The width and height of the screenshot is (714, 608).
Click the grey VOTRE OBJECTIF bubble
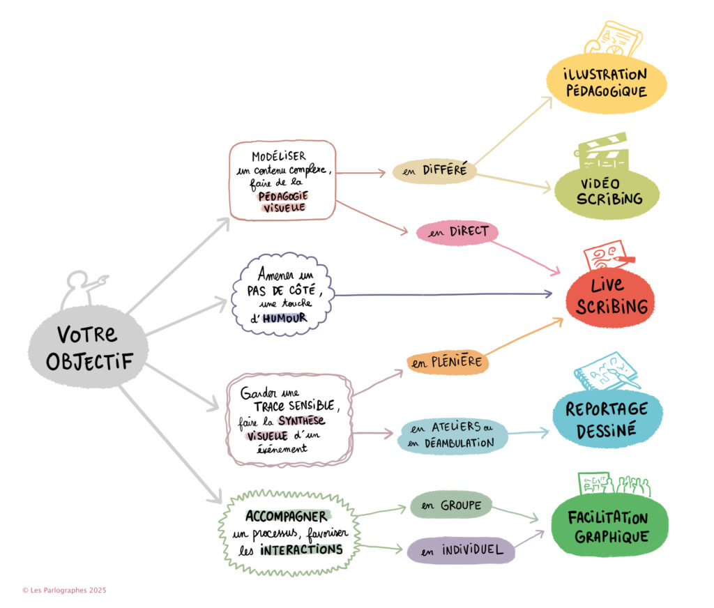[88, 347]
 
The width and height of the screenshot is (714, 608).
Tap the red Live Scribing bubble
[610, 298]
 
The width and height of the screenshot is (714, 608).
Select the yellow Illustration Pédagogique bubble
[607, 84]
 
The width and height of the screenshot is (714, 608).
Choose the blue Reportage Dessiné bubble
[607, 419]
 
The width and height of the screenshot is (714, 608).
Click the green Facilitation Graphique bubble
[609, 526]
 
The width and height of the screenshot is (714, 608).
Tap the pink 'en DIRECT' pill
[457, 232]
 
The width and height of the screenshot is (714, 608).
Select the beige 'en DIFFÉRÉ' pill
[434, 171]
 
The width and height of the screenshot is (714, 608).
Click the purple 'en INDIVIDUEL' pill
[461, 550]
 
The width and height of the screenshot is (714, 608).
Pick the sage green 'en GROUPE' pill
[451, 505]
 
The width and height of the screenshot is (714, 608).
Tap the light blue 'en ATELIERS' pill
[452, 435]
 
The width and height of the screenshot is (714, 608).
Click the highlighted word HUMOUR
[284, 318]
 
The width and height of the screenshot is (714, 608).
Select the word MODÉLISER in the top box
[279, 156]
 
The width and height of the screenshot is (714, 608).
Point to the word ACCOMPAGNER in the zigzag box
[287, 516]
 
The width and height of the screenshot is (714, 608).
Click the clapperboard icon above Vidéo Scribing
[601, 151]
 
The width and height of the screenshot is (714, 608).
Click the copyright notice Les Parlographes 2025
[64, 591]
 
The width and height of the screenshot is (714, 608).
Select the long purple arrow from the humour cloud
[443, 295]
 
